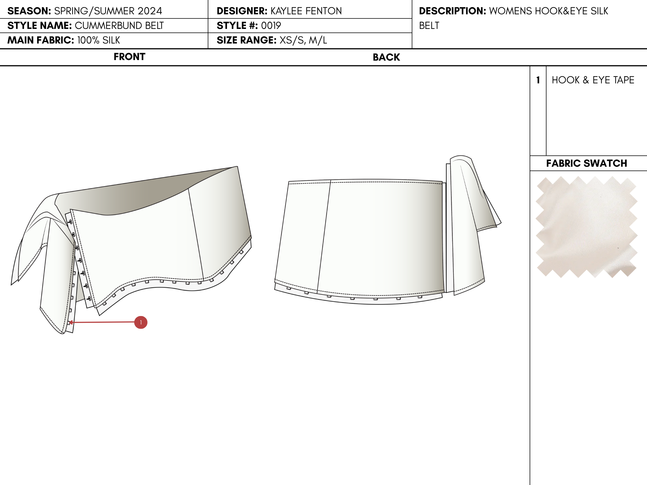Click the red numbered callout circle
[141, 322]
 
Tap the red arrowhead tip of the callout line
[69, 322]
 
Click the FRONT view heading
[129, 57]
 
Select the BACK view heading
[386, 57]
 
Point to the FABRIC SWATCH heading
[587, 163]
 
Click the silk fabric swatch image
[586, 227]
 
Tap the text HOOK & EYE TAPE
[593, 80]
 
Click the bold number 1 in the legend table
[538, 80]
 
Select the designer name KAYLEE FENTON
[306, 11]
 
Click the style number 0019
[271, 26]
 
